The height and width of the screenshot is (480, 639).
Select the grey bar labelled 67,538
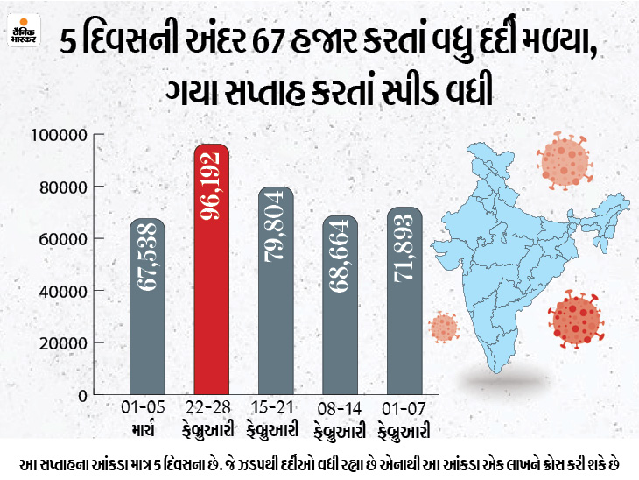(x=147, y=307)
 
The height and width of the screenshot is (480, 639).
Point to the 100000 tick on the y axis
(x=59, y=136)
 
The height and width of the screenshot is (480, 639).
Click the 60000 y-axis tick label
(x=62, y=239)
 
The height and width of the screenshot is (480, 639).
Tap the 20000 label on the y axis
(x=62, y=342)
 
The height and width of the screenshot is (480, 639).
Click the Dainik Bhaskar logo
(x=25, y=34)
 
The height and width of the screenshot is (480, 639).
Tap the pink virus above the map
(x=564, y=159)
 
